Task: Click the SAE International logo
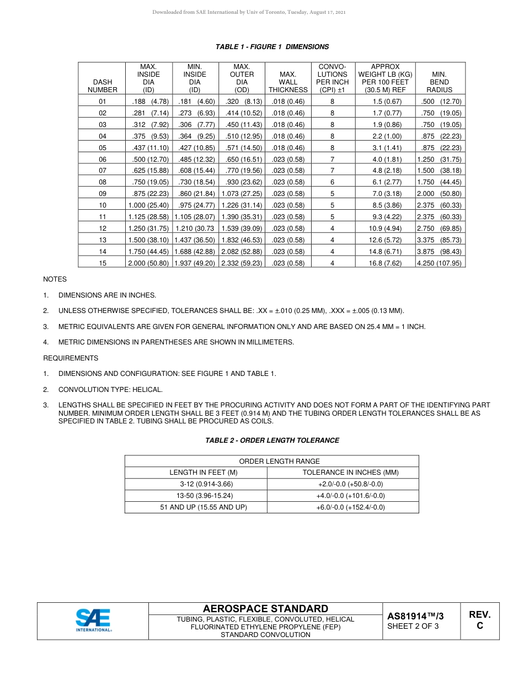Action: point(93,620)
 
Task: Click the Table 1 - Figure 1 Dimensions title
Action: point(272,47)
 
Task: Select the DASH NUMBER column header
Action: point(103,86)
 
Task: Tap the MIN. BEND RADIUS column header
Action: point(439,82)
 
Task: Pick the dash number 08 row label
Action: point(103,182)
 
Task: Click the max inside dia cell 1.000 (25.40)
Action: point(148,205)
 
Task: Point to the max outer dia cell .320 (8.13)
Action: point(242,102)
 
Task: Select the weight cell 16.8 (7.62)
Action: point(385,263)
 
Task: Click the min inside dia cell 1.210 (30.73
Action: point(195,229)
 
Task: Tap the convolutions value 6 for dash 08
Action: point(332,182)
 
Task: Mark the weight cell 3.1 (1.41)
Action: point(385,148)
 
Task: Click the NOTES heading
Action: point(55,279)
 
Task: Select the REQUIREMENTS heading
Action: point(71,358)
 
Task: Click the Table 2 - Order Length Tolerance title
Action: point(272,441)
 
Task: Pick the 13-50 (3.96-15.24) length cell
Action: point(196,496)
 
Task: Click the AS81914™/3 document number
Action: point(415,616)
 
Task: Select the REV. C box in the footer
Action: point(479,620)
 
